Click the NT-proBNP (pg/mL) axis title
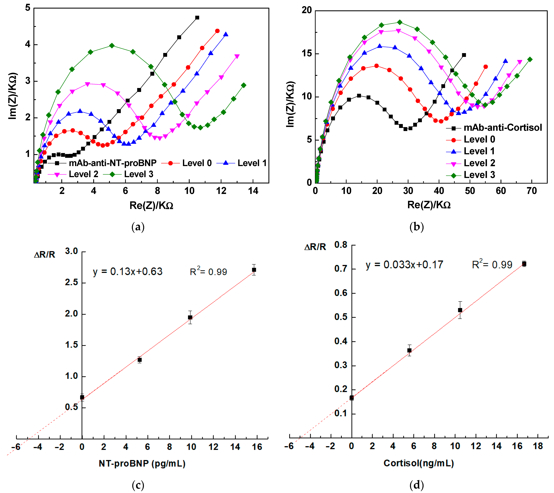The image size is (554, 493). pyautogui.click(x=142, y=463)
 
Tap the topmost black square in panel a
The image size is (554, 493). pyautogui.click(x=197, y=18)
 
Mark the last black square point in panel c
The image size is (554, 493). pyautogui.click(x=254, y=270)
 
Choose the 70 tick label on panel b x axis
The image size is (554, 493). pyautogui.click(x=531, y=191)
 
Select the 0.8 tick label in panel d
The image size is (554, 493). pyautogui.click(x=341, y=245)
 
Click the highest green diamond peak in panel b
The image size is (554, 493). pyautogui.click(x=399, y=22)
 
